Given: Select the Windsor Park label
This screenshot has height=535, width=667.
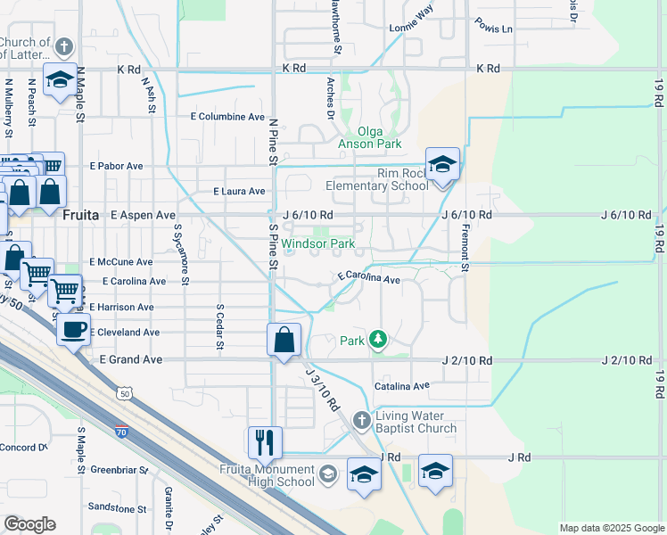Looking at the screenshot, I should tap(318, 243).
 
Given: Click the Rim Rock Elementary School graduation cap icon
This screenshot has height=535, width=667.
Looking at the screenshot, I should tap(442, 164).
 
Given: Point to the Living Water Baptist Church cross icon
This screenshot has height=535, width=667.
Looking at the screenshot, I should tap(361, 419).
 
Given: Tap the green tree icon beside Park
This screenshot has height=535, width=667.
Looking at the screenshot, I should tap(378, 340).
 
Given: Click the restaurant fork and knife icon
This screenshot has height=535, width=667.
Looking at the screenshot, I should tap(265, 442).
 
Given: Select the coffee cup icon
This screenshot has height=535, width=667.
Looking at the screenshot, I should tap(74, 328).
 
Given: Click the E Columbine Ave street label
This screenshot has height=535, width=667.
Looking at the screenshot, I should tap(227, 117).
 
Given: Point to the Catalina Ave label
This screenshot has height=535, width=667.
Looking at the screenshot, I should tap(401, 386).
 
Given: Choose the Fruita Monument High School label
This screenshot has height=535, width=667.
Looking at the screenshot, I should tap(268, 475).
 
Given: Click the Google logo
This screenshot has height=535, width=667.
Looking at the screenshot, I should tap(29, 524).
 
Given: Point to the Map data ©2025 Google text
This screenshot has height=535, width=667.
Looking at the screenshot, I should tap(612, 528).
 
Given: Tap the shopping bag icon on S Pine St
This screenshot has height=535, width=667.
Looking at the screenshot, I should tap(284, 340).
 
